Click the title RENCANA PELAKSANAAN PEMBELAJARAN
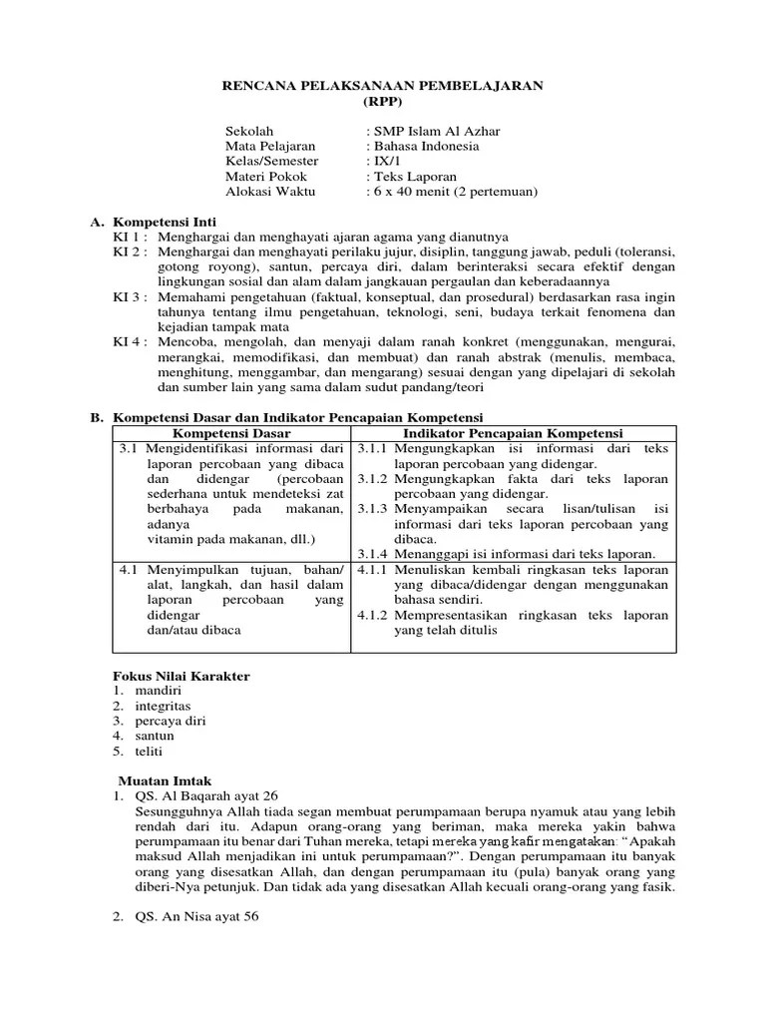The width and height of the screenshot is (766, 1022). click(x=382, y=87)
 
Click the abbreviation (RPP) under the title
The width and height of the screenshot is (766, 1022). click(x=382, y=103)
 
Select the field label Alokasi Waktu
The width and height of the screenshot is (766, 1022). click(x=268, y=191)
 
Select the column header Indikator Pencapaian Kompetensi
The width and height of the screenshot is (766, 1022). click(x=513, y=433)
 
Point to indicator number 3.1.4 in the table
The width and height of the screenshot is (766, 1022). click(x=372, y=554)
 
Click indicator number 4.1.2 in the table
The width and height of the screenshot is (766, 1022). click(x=372, y=616)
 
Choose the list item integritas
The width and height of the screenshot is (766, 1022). click(x=164, y=706)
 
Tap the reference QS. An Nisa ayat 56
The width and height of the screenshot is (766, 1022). click(x=196, y=916)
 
